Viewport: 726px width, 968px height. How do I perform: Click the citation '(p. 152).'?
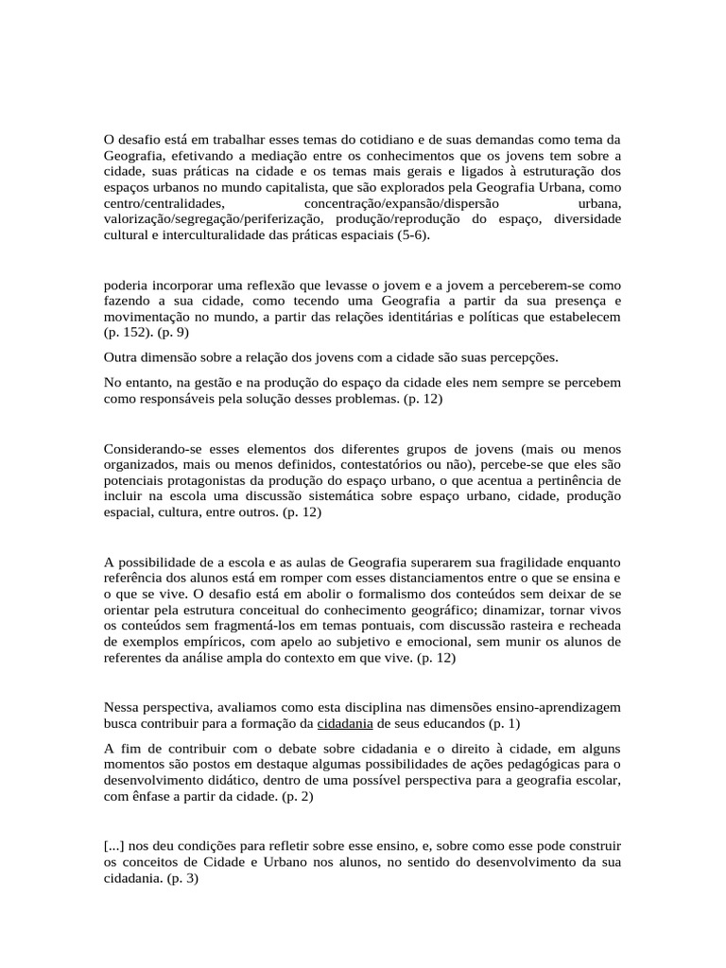[x=128, y=333]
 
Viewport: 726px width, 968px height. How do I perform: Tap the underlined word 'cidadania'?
[x=344, y=723]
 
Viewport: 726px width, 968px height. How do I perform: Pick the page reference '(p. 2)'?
[x=295, y=796]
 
